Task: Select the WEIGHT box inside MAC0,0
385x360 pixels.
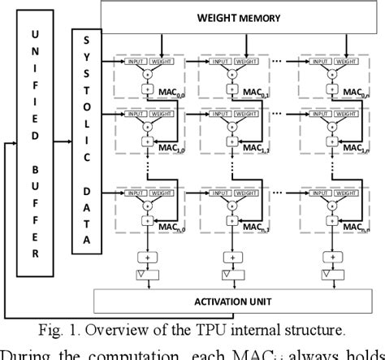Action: click(x=162, y=60)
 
